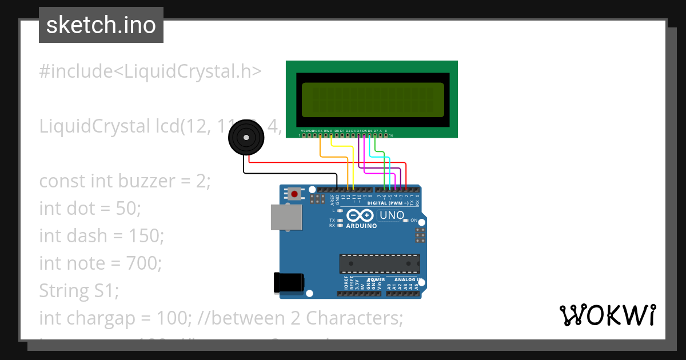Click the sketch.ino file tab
pos(101,25)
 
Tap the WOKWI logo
pos(607,315)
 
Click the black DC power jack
pos(289,283)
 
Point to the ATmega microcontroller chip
pos(380,263)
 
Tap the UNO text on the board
pos(392,215)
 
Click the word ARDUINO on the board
pos(361,226)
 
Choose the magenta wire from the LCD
pos(364,154)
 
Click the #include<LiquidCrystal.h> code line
pos(150,71)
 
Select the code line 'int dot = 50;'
pos(90,209)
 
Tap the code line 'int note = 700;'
pos(101,263)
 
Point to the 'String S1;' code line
pos(79,291)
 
